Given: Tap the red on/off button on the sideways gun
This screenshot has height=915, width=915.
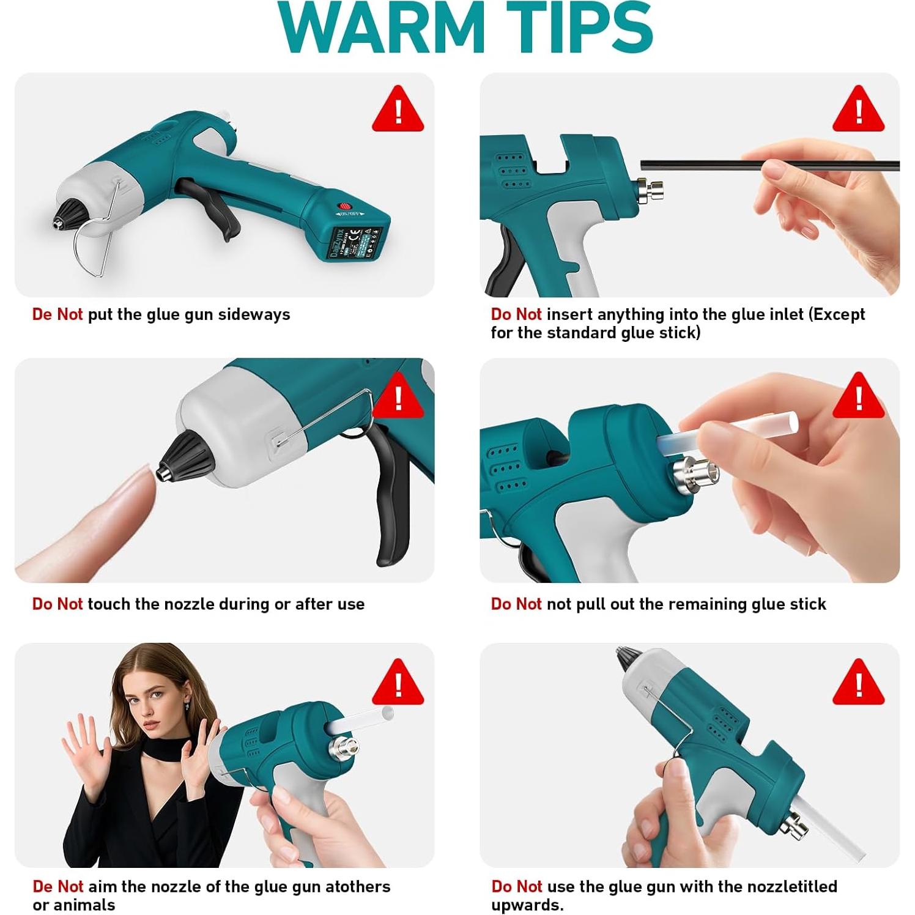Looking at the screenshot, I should tap(346, 207).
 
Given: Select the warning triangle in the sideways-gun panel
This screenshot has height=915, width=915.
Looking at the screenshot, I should tap(398, 110).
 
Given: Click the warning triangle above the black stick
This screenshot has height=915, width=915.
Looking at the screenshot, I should tap(859, 110).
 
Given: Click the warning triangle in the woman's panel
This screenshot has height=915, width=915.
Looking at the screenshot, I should tap(398, 682).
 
